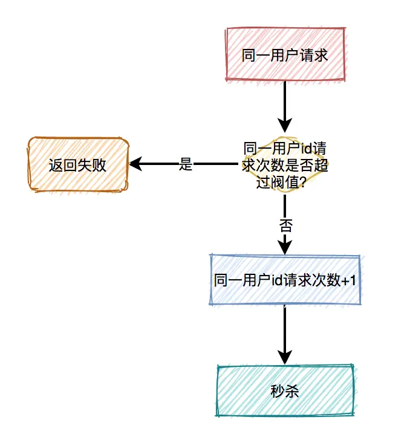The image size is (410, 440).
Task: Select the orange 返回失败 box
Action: [x=78, y=164]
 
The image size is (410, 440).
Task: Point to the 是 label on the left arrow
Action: [x=186, y=164]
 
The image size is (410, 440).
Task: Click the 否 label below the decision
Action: [x=285, y=226]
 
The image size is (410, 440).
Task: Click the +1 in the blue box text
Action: [x=350, y=280]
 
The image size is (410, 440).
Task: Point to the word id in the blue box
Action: [x=276, y=280]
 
